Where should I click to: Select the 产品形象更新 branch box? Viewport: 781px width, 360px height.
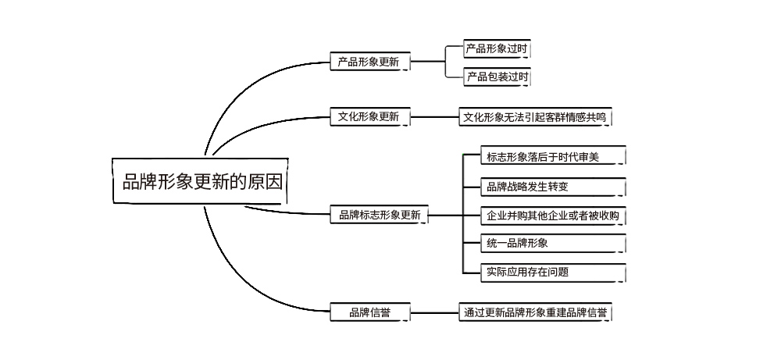click(369, 62)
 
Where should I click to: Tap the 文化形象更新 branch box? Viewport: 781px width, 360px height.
click(369, 117)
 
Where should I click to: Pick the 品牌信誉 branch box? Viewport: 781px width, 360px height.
click(369, 313)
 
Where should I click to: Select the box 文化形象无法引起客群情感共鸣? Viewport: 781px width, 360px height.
click(534, 117)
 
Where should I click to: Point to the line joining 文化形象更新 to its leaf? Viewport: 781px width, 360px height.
click(434, 118)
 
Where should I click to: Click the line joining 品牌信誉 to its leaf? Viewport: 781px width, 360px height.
click(434, 313)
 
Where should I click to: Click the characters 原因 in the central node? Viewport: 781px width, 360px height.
click(266, 183)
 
